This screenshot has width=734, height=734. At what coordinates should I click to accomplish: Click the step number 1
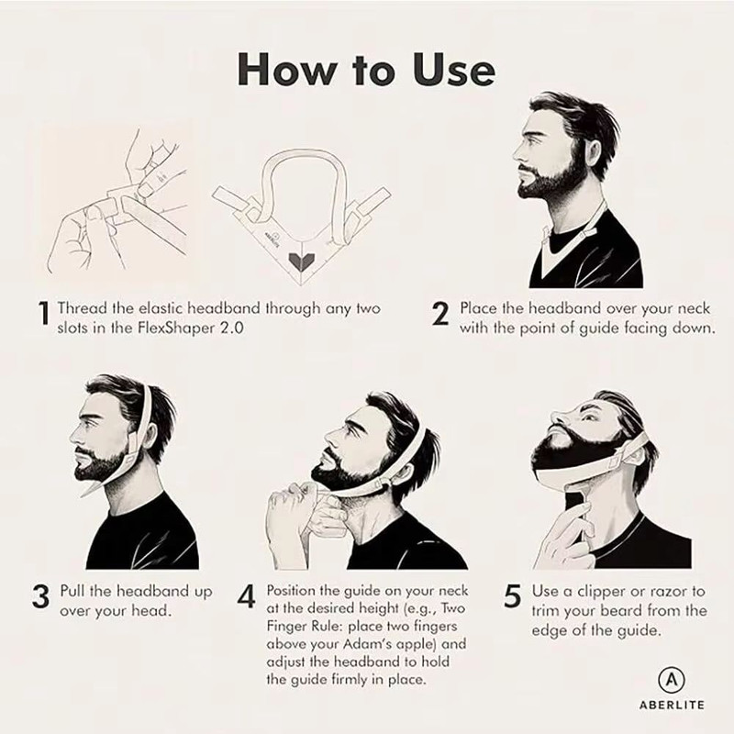pos(44,315)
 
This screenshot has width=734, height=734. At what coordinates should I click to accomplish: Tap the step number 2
pos(440,315)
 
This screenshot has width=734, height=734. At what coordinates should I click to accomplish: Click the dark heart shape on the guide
pos(300,260)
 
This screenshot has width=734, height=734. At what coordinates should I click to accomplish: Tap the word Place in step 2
pos(480,308)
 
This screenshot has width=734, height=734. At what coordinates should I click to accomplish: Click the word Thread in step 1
pos(83,308)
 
